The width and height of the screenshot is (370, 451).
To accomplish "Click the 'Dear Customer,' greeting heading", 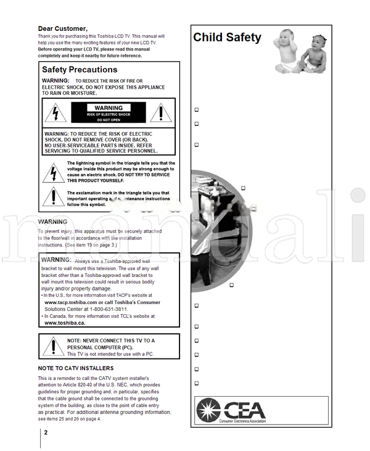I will (x=62, y=28).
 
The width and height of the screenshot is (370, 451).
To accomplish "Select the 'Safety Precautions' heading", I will (x=79, y=70).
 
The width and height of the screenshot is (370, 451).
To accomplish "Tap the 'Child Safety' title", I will (x=227, y=38).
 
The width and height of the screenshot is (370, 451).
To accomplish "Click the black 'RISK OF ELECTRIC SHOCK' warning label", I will (x=109, y=114).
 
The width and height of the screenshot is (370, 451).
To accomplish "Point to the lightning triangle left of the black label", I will (x=56, y=113).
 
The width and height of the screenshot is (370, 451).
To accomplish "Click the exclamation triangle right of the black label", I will (x=162, y=113).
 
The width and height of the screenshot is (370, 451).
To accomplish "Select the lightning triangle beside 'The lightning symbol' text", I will (x=53, y=172).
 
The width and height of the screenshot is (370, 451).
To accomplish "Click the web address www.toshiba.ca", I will (x=65, y=323).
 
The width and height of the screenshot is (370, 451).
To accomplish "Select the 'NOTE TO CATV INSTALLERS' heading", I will (x=75, y=368).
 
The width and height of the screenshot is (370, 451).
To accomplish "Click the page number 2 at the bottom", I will (x=46, y=432).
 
